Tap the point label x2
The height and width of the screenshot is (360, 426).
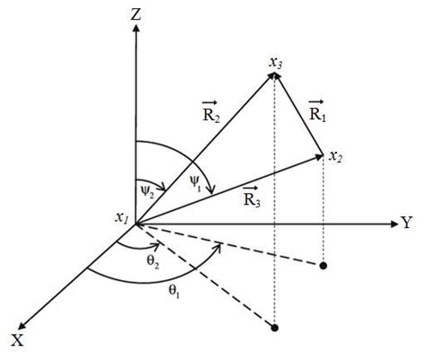point(335,157)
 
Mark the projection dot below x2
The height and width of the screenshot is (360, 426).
point(324,265)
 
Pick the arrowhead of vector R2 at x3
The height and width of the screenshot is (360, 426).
point(270,78)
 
